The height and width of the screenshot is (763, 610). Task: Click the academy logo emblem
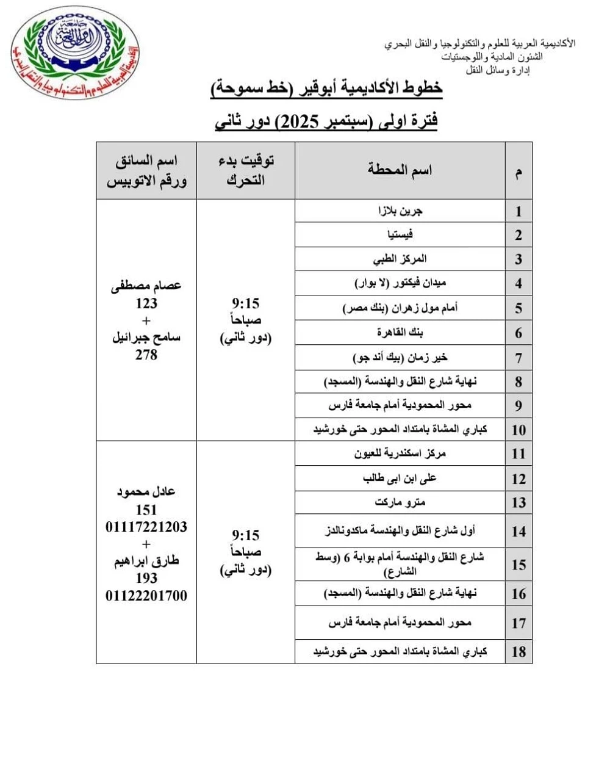pyautogui.click(x=68, y=53)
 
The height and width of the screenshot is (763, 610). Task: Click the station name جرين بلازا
pyautogui.click(x=400, y=211)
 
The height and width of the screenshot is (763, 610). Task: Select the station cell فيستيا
pyautogui.click(x=400, y=235)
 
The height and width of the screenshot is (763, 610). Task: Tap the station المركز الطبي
pyautogui.click(x=400, y=259)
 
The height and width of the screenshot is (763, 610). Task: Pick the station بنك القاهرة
pyautogui.click(x=400, y=333)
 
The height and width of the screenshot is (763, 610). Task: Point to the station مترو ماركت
pyautogui.click(x=400, y=502)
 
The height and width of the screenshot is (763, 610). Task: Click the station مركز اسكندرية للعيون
pyautogui.click(x=400, y=454)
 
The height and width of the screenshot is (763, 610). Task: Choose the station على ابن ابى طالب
pyautogui.click(x=400, y=478)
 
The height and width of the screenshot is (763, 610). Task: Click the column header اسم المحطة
pyautogui.click(x=400, y=170)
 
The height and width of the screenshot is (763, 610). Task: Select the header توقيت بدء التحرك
pyautogui.click(x=246, y=170)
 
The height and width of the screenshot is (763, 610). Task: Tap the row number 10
pyautogui.click(x=518, y=430)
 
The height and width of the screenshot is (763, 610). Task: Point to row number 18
pyautogui.click(x=518, y=651)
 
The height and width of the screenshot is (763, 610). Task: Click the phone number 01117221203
pyautogui.click(x=146, y=526)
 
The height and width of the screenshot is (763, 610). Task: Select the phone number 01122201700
pyautogui.click(x=146, y=595)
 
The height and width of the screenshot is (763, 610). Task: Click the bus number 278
pyautogui.click(x=146, y=354)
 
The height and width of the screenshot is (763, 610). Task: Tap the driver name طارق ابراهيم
pyautogui.click(x=146, y=562)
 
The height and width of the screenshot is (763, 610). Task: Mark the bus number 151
pyautogui.click(x=146, y=510)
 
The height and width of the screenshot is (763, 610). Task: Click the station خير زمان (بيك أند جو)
pyautogui.click(x=400, y=357)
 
